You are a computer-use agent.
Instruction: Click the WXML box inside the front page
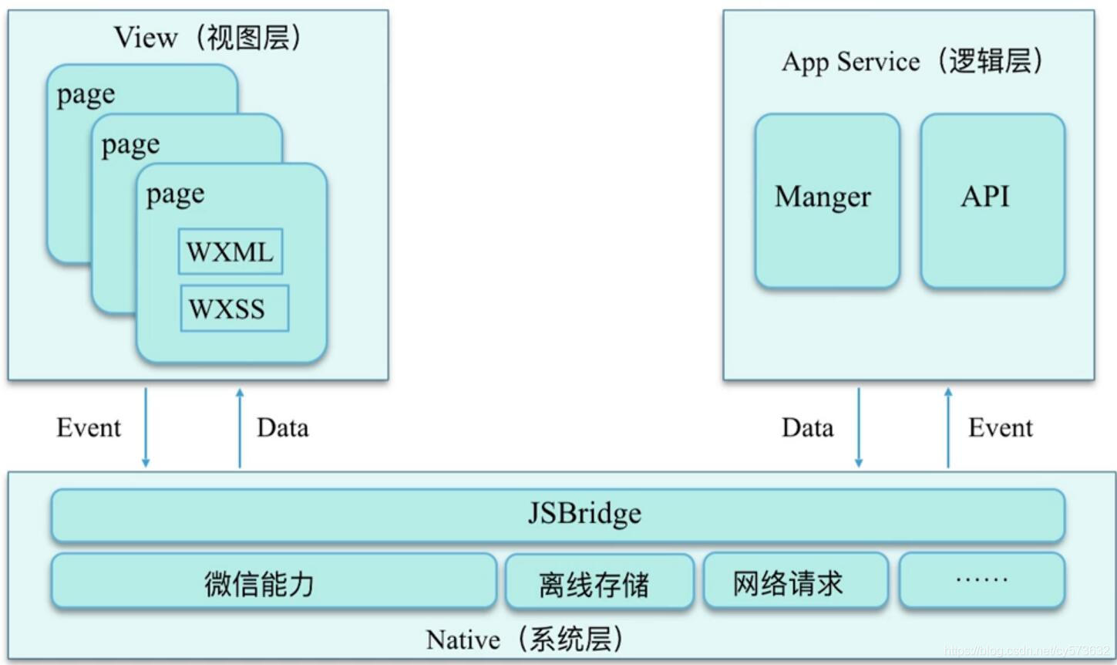pyautogui.click(x=230, y=251)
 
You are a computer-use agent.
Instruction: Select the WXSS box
pyautogui.click(x=234, y=309)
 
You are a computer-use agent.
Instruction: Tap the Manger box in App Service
pyautogui.click(x=826, y=201)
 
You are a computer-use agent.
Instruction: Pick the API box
pyautogui.click(x=992, y=201)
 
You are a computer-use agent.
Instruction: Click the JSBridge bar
pyautogui.click(x=557, y=515)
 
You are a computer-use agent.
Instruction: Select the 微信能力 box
pyautogui.click(x=273, y=582)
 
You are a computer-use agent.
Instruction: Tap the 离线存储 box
pyautogui.click(x=599, y=583)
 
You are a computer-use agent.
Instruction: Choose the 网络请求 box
pyautogui.click(x=795, y=582)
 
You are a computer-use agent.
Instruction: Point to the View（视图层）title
pyautogui.click(x=207, y=37)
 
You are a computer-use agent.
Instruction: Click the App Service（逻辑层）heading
pyautogui.click(x=911, y=62)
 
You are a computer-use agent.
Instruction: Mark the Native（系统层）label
pyautogui.click(x=524, y=640)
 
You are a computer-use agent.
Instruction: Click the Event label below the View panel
pyautogui.click(x=89, y=427)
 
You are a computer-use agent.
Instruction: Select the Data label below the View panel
pyautogui.click(x=282, y=427)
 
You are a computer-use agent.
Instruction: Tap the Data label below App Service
pyautogui.click(x=807, y=427)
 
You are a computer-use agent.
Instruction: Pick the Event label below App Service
pyautogui.click(x=1000, y=427)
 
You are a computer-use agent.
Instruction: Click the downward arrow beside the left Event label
pyautogui.click(x=146, y=428)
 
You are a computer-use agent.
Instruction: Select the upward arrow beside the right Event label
pyautogui.click(x=948, y=428)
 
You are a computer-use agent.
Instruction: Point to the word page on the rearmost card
pyautogui.click(x=86, y=95)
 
